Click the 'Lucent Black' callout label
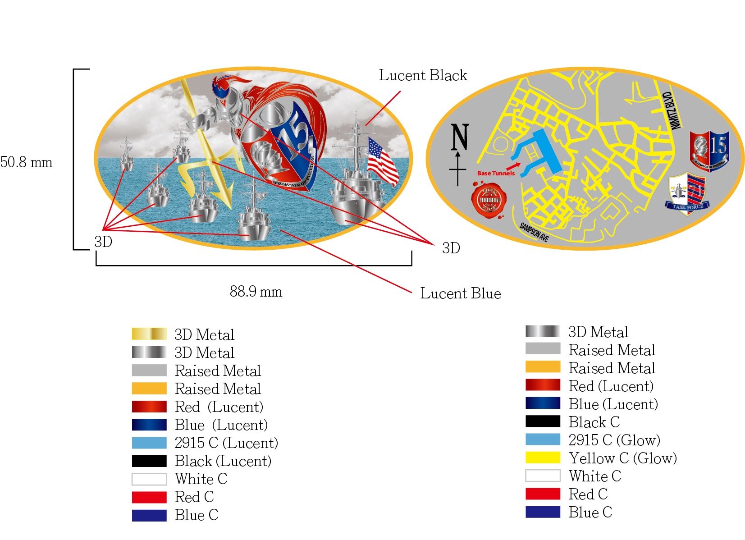(423, 75)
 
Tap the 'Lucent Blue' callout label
(460, 293)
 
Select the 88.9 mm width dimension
(256, 292)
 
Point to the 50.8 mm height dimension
(26, 162)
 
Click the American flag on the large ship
(383, 160)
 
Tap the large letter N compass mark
(460, 137)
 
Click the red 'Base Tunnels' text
(495, 173)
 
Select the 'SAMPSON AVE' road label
(534, 232)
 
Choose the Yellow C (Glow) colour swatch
(543, 458)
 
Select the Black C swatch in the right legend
(543, 422)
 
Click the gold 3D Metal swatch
(149, 334)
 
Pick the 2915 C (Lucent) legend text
(226, 443)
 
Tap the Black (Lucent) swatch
(149, 461)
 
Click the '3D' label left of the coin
(103, 242)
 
